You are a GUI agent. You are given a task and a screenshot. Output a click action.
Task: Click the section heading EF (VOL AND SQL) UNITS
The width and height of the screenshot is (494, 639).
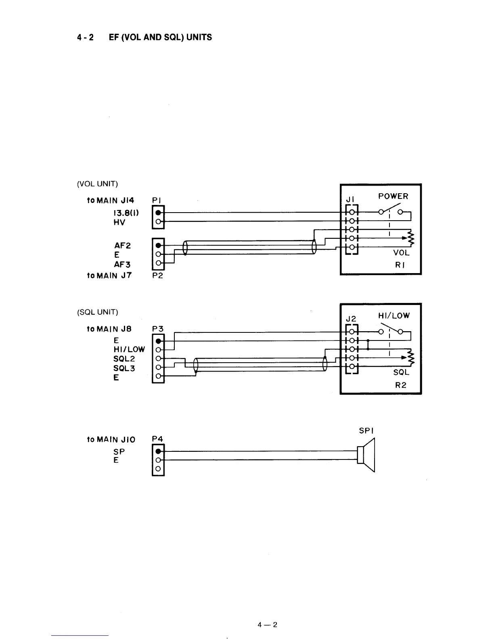click(160, 38)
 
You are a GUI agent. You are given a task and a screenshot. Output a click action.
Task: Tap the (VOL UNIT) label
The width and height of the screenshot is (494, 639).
click(97, 184)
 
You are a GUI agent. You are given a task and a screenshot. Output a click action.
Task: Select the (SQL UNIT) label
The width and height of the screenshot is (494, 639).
click(97, 312)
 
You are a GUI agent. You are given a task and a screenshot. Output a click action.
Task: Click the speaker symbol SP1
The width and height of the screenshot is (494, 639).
click(367, 455)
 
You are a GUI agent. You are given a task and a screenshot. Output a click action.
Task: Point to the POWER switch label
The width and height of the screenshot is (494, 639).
click(393, 196)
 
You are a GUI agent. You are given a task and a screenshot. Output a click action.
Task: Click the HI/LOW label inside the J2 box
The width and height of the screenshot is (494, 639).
click(394, 316)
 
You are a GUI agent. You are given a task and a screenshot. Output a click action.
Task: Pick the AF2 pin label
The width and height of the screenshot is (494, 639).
click(123, 245)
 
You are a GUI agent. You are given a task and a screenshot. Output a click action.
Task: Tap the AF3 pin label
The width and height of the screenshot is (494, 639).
click(123, 265)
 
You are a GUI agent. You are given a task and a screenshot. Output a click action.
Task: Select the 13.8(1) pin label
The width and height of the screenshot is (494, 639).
click(126, 213)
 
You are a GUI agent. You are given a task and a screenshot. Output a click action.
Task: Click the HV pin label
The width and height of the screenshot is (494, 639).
click(119, 222)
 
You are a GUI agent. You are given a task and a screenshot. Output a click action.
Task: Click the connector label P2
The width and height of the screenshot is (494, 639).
click(157, 276)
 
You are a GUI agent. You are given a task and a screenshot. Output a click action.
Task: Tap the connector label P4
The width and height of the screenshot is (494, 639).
click(157, 439)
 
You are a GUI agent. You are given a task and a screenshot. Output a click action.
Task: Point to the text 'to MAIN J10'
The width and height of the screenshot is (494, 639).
click(111, 439)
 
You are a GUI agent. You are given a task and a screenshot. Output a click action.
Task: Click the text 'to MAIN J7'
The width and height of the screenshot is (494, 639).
click(109, 276)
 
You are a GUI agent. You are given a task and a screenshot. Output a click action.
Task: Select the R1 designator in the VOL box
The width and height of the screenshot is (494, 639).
click(400, 265)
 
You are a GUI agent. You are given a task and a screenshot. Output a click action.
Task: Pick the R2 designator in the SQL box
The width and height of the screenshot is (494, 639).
click(400, 385)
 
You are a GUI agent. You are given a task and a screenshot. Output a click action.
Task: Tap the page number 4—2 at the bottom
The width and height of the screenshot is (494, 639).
click(268, 625)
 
